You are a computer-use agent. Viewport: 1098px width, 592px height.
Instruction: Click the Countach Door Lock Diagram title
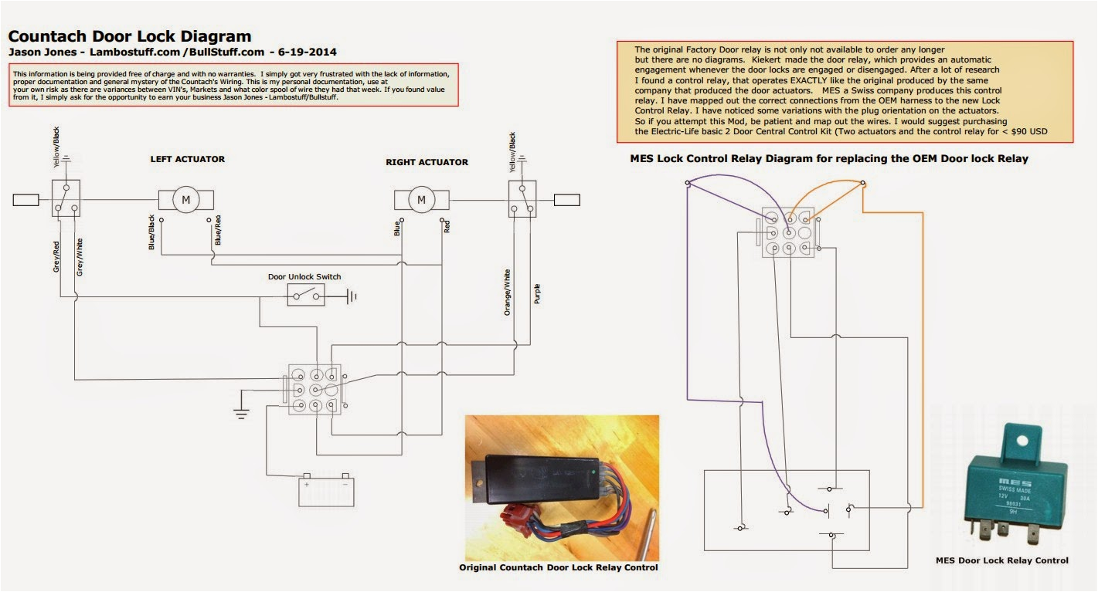click(130, 36)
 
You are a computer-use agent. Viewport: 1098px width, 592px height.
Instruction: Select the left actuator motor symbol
click(185, 200)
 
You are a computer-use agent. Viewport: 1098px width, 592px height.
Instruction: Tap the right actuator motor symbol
click(421, 200)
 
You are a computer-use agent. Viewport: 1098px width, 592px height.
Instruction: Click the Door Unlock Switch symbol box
click(306, 295)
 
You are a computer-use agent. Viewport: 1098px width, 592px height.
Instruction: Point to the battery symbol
click(326, 490)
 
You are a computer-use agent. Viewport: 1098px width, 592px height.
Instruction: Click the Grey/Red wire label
click(57, 257)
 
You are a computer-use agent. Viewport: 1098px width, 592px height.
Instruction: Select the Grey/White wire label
click(80, 257)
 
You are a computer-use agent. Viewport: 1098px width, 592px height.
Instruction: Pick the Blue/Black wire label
click(151, 232)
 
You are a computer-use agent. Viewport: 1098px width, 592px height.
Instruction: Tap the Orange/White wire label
click(508, 292)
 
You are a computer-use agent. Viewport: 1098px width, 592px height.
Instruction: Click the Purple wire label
click(537, 293)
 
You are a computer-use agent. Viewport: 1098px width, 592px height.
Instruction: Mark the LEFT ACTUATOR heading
click(187, 159)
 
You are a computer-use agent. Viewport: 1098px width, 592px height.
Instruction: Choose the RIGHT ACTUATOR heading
click(427, 162)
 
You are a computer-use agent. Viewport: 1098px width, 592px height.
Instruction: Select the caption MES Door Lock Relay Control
click(1001, 560)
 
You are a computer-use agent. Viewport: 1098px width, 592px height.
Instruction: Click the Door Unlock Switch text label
click(304, 276)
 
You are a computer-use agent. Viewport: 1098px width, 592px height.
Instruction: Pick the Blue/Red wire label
click(219, 231)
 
